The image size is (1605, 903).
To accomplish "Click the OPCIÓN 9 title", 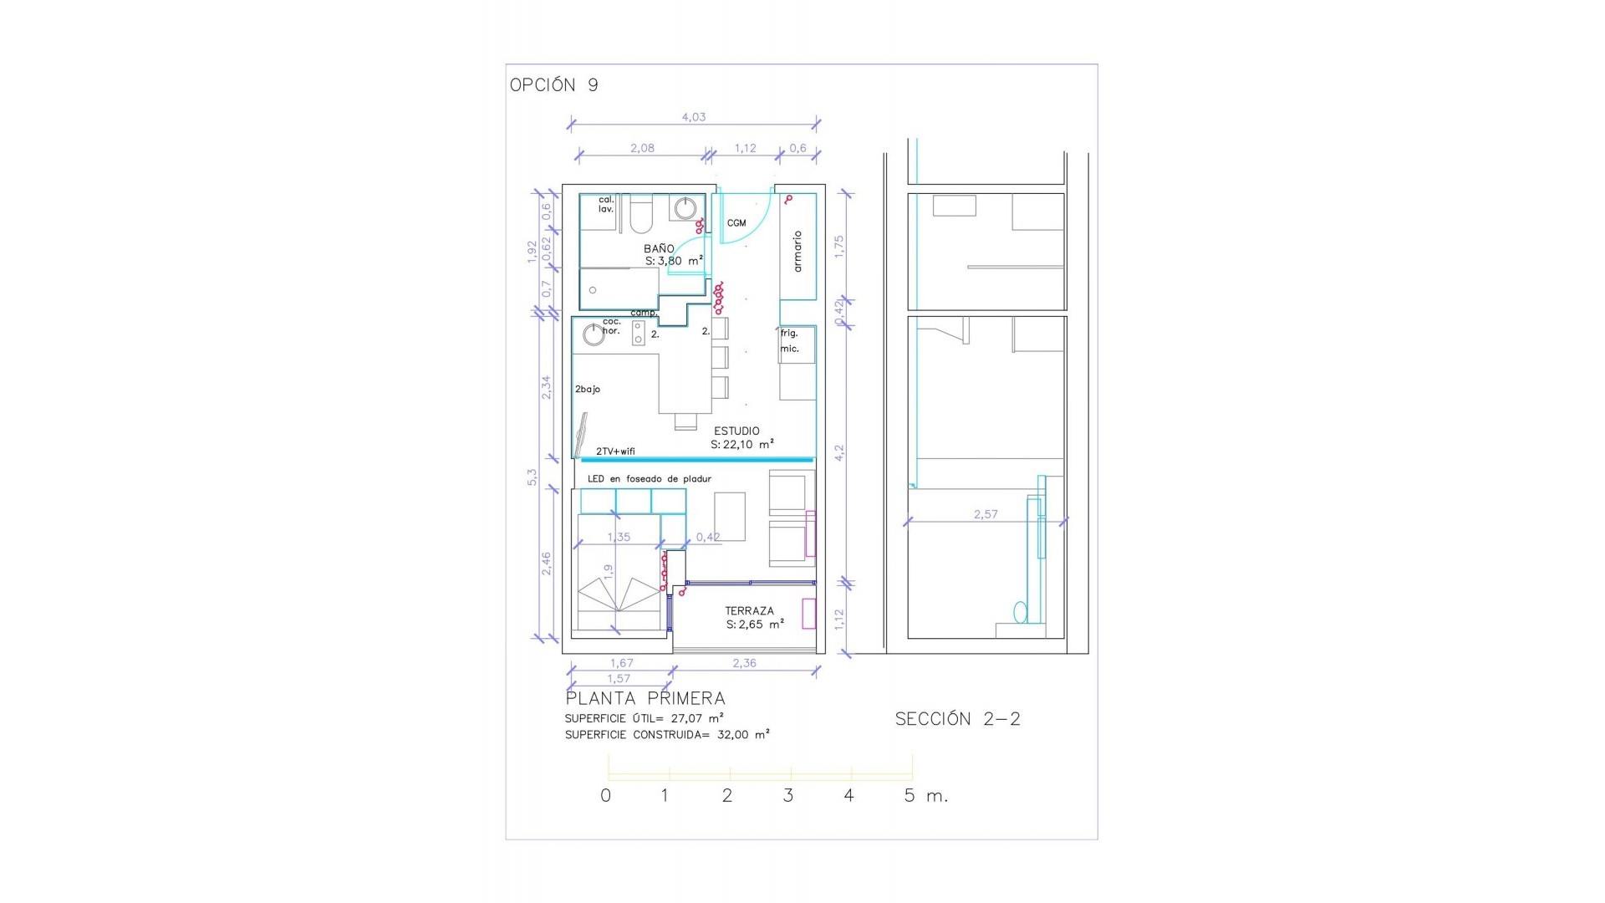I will pos(553,85).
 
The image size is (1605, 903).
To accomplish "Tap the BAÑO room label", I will pos(659,249).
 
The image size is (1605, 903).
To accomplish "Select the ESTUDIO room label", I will pos(736,431).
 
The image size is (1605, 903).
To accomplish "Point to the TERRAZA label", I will pos(749,611).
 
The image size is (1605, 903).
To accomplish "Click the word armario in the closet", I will pos(797,251).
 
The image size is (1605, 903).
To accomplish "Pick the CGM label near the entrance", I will pos(736,223).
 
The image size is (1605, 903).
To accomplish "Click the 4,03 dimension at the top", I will pos(694,117).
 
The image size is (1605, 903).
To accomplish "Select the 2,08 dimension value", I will pos(642,148).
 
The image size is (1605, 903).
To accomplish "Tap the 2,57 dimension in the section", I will pos(986,514).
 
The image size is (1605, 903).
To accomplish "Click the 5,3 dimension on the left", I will pos(532,477).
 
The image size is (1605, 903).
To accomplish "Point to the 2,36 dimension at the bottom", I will pos(744,663).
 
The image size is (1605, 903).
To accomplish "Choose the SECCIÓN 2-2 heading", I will pos(957,719).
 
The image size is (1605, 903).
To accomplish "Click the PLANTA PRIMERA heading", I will pos(645,699).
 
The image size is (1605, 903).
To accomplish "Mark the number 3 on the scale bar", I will pos(787,796).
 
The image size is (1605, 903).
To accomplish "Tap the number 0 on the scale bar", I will pos(606,796).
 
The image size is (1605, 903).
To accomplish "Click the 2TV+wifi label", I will pos(615,451).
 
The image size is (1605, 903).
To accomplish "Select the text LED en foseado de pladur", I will pos(649,479).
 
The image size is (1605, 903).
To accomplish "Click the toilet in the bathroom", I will pos(641,216).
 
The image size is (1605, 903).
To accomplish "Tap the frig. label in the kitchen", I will pos(789,334).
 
